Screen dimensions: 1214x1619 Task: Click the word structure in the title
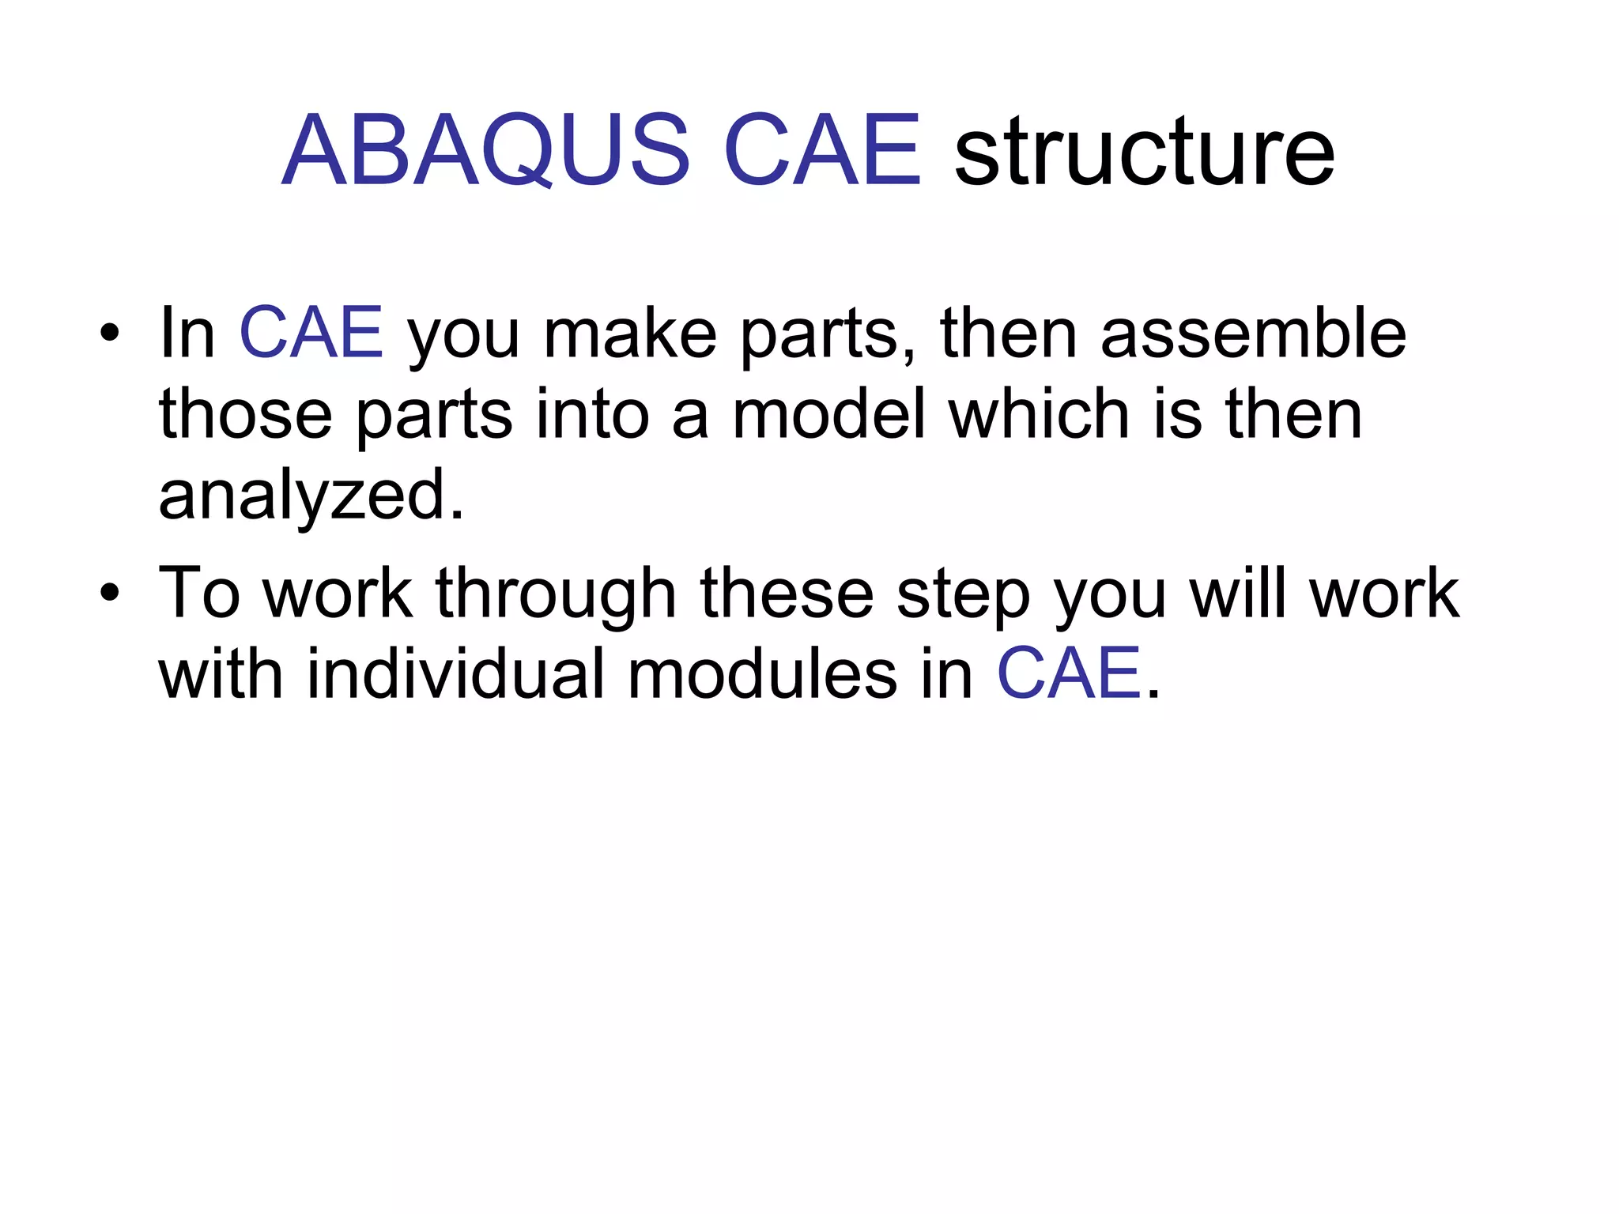tap(1145, 152)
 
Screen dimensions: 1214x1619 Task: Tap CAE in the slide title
tap(821, 150)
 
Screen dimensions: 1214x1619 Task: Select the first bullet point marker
tap(110, 333)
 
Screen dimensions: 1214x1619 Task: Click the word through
tap(556, 594)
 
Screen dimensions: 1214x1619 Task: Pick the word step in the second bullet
tap(963, 594)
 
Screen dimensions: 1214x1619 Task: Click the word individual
tap(455, 673)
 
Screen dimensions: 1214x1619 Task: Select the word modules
tap(762, 673)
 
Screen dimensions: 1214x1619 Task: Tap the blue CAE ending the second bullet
tap(1069, 673)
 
